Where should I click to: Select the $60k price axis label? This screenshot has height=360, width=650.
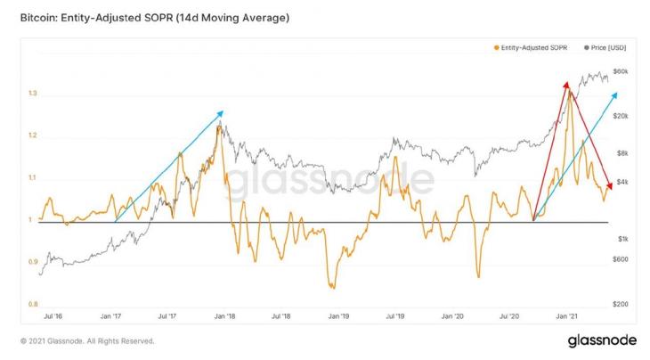click(622, 71)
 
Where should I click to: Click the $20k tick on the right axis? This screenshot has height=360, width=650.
click(622, 116)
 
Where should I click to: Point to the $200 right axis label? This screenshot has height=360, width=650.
click(622, 304)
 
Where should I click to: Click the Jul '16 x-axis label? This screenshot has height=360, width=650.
click(53, 316)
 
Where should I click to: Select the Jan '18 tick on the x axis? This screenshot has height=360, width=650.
click(225, 316)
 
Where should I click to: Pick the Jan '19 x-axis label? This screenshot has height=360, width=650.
click(338, 316)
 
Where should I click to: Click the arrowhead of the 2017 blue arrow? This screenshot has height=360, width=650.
click(222, 112)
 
